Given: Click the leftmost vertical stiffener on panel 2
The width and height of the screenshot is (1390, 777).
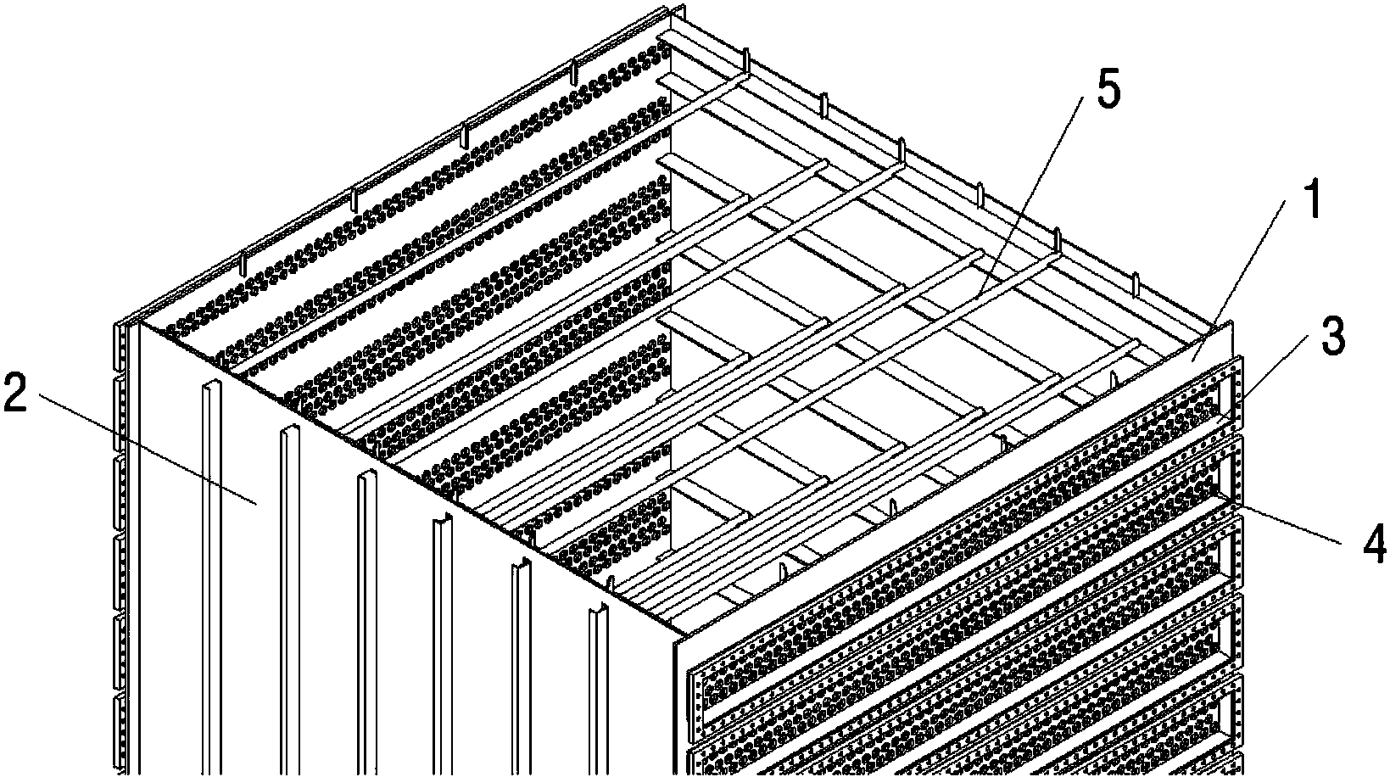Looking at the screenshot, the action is (211, 577).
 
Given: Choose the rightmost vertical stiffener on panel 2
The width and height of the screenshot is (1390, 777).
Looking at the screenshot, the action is (598, 689).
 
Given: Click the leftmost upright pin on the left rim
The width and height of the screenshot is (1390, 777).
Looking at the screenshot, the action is (243, 265).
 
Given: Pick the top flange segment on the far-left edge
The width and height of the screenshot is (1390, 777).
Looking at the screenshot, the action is (121, 348).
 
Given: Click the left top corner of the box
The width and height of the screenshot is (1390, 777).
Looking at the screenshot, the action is (137, 322).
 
